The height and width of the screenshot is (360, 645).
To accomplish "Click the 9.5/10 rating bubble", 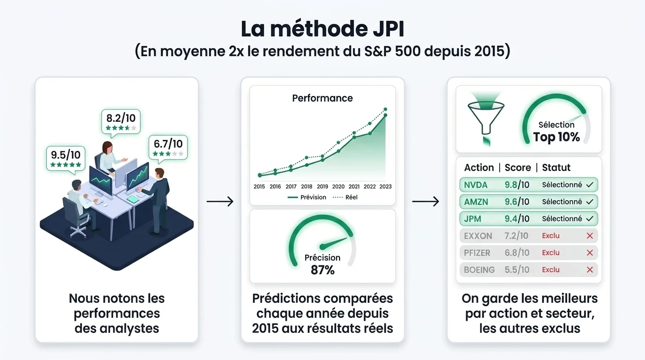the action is (x=66, y=159).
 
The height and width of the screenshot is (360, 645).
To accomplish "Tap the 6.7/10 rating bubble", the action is (x=168, y=148).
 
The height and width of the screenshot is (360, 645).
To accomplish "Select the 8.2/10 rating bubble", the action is (x=121, y=122).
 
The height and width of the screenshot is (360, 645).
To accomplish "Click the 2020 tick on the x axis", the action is (x=338, y=187).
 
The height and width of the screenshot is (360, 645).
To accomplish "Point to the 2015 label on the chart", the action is (x=259, y=187).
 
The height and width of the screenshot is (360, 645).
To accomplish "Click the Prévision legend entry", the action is (x=307, y=197).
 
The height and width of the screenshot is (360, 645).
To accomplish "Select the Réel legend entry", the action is (x=345, y=197).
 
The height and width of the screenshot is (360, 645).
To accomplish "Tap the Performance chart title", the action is (x=322, y=98).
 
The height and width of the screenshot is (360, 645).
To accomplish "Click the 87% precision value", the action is (x=322, y=270).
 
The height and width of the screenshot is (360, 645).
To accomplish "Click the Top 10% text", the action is (x=556, y=137).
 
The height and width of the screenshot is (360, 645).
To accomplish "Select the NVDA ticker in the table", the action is (x=476, y=185).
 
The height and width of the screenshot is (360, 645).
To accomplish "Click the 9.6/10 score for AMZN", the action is (x=517, y=202).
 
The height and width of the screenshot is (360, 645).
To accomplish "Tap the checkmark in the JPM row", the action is (x=590, y=218).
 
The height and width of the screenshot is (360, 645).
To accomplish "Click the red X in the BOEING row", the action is (x=590, y=270).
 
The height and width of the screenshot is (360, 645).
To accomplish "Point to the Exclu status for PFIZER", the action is (x=551, y=253).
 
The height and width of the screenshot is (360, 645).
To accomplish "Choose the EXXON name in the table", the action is (x=478, y=236).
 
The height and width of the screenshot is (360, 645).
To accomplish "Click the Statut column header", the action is (x=556, y=168).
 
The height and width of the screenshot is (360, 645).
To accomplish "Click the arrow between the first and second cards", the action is (x=220, y=201).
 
